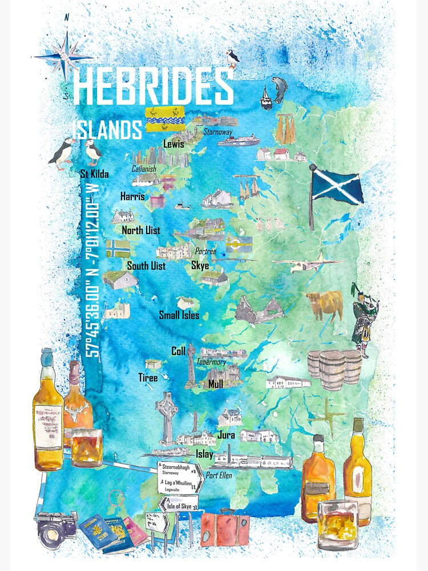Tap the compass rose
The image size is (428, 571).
pos(65,57)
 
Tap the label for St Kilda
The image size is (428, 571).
pos(94,174)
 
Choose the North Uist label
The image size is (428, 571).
pos(140,231)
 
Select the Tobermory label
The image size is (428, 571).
pos(211,362)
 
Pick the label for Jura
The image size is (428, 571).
pos(226,435)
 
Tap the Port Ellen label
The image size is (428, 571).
pos(219,475)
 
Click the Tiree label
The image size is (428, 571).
pos(148,377)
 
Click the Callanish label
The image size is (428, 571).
pos(144,169)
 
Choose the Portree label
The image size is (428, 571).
pos(205,251)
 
